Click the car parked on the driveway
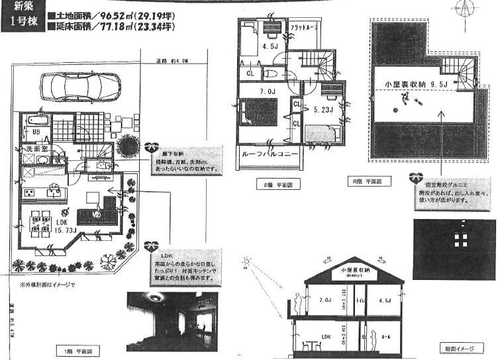click(79, 87)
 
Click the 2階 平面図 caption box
click(269, 185)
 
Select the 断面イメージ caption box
click(462, 348)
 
